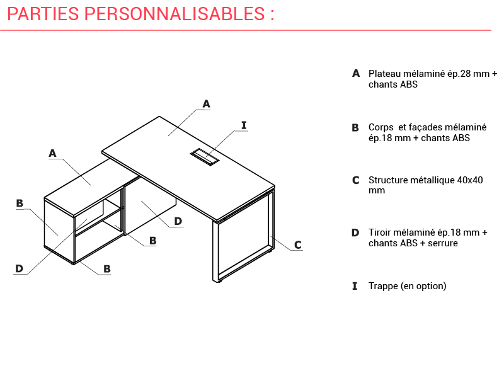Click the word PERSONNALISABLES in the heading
tap(175, 14)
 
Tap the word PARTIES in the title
tap(43, 14)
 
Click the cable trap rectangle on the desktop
tap(205, 157)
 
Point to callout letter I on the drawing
tap(244, 125)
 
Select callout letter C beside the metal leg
tap(298, 245)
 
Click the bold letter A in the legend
tap(356, 73)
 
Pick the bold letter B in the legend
tap(355, 128)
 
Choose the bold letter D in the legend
tap(355, 232)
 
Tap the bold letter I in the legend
tap(355, 286)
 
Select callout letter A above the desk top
tap(207, 104)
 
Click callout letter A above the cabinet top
tap(52, 153)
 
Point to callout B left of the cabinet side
tap(20, 203)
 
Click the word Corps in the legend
tap(381, 128)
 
